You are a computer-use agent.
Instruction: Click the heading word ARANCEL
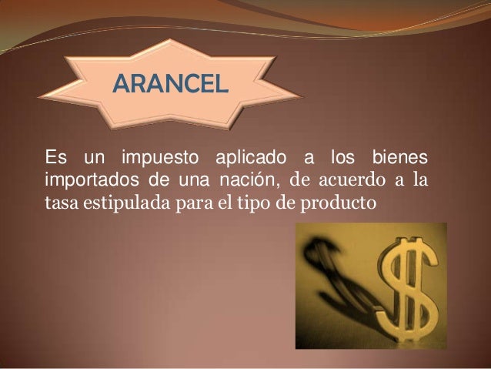pyautogui.click(x=170, y=81)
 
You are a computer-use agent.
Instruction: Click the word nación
pyautogui.click(x=241, y=182)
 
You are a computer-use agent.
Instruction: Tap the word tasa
pyautogui.click(x=61, y=205)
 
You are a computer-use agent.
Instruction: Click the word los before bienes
pyautogui.click(x=342, y=158)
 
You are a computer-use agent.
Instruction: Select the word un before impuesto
pyautogui.click(x=94, y=159)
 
